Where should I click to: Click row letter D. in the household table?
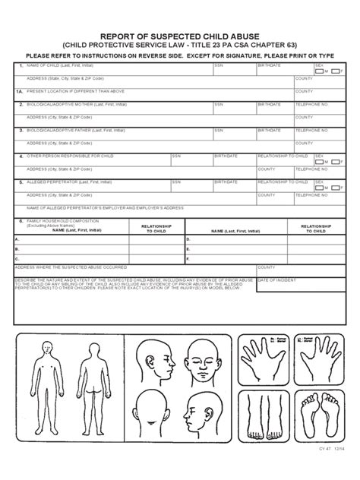[x=188, y=238]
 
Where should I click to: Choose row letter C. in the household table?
[x=17, y=258]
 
